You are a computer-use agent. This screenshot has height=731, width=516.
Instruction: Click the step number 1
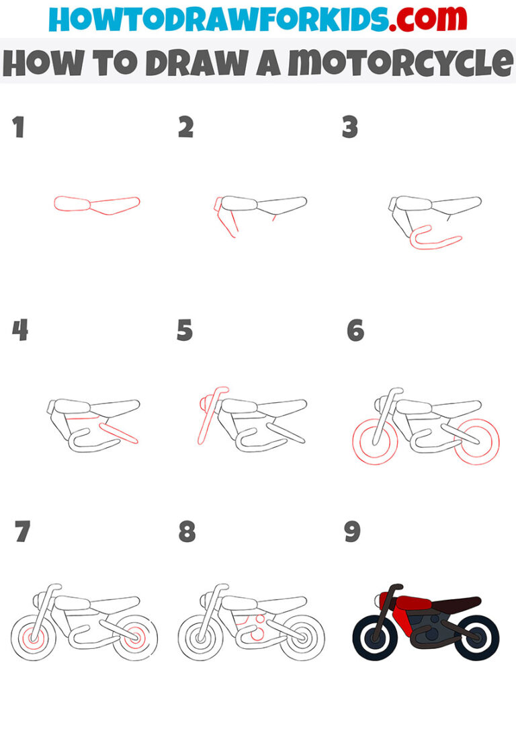point(18,127)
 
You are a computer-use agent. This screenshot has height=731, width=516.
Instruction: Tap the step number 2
point(186,127)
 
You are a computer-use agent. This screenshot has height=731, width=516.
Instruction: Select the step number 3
point(350,127)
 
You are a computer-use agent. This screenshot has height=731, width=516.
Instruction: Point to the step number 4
point(19,330)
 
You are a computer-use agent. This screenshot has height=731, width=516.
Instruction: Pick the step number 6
point(355,330)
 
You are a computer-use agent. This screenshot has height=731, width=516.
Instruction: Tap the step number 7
point(21,532)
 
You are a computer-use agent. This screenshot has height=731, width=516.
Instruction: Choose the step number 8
point(187,532)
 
